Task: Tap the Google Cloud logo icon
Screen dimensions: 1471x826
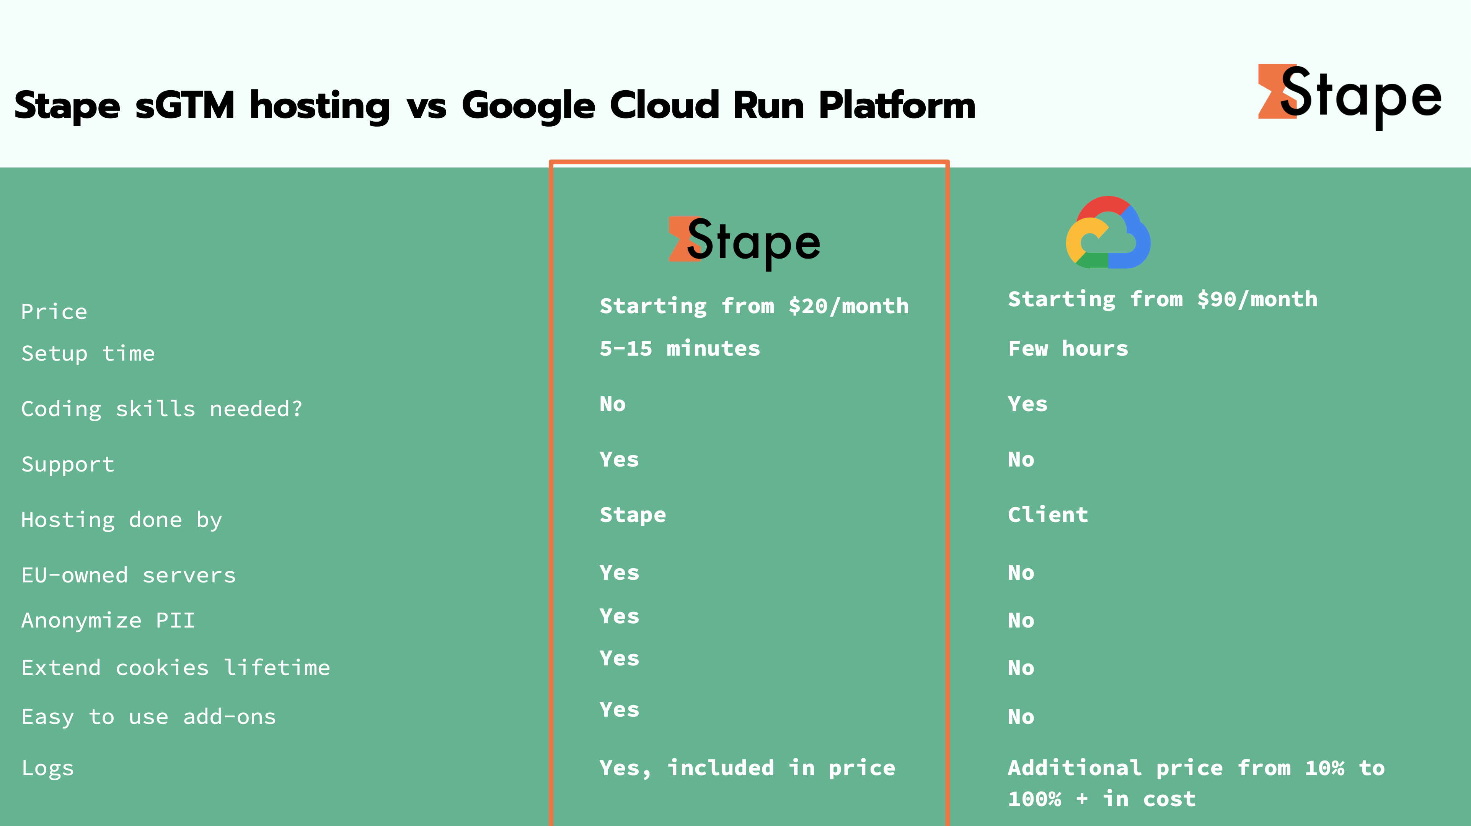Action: [x=1108, y=233]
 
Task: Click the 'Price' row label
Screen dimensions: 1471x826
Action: [x=54, y=312]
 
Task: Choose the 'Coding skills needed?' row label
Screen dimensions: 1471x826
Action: [x=161, y=409]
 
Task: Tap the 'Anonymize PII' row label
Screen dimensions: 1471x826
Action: [x=108, y=621]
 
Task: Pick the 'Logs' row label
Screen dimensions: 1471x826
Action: [x=47, y=768]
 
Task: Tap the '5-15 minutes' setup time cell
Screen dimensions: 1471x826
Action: [x=680, y=349]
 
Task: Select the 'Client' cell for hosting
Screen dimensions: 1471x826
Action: [x=1048, y=515]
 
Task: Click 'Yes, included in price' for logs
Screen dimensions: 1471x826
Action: [x=747, y=768]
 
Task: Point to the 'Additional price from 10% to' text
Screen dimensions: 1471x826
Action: [x=1196, y=768]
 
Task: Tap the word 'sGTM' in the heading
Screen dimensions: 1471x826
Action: [x=184, y=105]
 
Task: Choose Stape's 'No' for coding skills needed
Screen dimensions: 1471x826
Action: [x=613, y=404]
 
